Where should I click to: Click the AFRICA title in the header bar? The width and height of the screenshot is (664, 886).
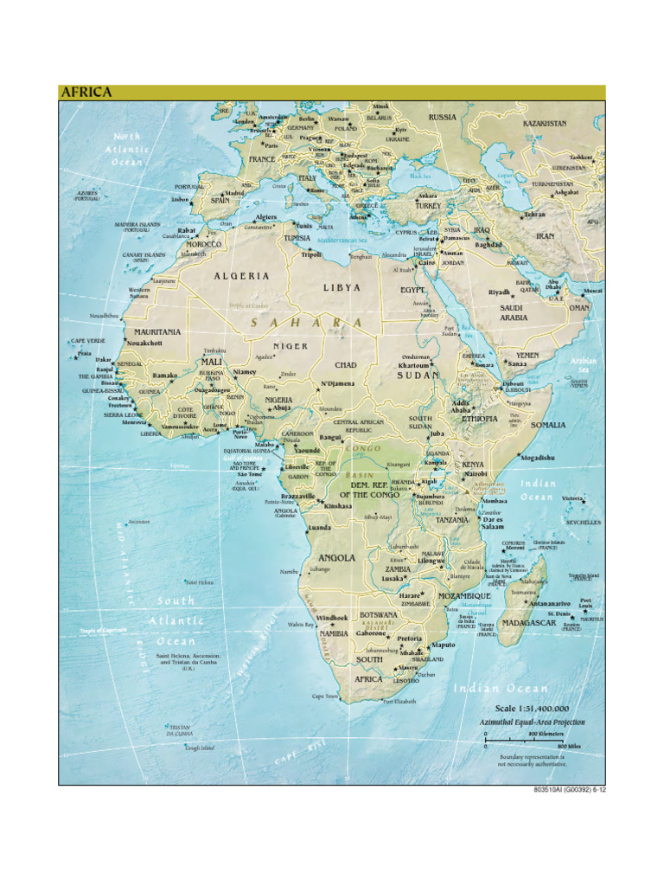point(86,93)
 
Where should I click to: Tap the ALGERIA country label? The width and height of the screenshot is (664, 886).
point(242,276)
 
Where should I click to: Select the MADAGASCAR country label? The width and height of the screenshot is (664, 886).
point(528,623)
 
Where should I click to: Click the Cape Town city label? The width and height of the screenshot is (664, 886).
point(325,695)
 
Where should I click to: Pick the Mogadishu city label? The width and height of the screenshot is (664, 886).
point(538,458)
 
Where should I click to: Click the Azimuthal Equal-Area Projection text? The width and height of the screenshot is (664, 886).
point(533,722)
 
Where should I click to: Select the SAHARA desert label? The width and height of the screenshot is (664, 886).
point(307,323)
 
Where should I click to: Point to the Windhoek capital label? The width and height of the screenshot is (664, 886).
point(332,618)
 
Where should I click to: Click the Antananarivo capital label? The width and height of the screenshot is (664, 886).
point(550,603)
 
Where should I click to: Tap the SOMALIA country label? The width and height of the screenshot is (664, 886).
point(548,425)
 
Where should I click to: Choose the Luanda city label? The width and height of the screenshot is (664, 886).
point(320,527)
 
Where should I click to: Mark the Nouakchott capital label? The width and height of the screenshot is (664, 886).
point(144,343)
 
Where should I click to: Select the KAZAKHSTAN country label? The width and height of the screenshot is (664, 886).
point(545,124)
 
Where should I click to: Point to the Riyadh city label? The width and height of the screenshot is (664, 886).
point(499,292)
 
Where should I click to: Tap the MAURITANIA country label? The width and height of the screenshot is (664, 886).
point(157,331)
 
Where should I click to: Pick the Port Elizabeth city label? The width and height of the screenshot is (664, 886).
point(399,702)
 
